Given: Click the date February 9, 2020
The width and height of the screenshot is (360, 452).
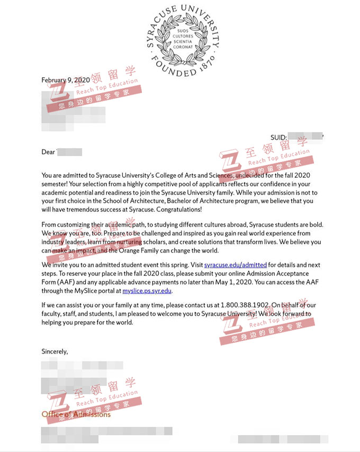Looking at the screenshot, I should (x=66, y=80).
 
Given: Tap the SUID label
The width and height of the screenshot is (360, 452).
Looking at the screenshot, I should (x=279, y=138).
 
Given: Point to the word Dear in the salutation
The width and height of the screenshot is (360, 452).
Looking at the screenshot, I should (x=48, y=152).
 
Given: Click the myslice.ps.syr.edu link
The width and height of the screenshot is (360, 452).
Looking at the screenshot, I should (x=147, y=291).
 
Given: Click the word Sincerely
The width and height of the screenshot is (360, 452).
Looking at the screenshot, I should (x=55, y=351).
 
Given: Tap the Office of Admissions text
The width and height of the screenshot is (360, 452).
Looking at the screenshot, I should (x=76, y=414).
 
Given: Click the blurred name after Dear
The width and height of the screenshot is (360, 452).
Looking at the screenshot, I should (x=69, y=152).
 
